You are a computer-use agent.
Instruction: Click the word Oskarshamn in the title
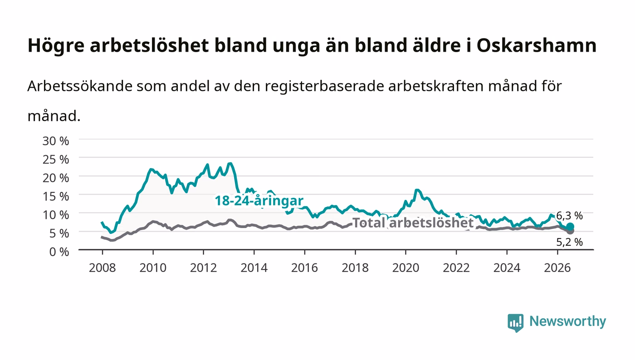[536, 45]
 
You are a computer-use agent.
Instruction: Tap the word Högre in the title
[56, 46]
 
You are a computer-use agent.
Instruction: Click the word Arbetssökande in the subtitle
[80, 86]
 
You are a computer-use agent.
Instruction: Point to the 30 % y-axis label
[55, 141]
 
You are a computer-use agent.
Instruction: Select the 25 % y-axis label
[55, 160]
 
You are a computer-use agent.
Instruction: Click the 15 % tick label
[55, 196]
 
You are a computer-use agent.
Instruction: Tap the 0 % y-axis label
[59, 252]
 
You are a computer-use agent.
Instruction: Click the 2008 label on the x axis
[103, 268]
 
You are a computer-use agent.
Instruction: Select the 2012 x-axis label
[203, 268]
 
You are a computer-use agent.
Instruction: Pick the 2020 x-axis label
[405, 268]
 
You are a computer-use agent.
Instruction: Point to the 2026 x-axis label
[557, 268]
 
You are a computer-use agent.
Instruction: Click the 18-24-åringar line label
[259, 201]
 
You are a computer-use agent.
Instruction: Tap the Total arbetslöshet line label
[413, 223]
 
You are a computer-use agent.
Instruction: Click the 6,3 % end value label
[569, 216]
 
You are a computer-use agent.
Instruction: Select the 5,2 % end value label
[569, 242]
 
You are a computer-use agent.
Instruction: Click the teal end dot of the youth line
[570, 227]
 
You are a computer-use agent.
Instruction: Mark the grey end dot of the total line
[570, 231]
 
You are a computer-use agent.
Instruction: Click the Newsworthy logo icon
[515, 322]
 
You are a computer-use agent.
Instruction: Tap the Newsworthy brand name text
[567, 321]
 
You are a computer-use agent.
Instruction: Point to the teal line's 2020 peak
[417, 190]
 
